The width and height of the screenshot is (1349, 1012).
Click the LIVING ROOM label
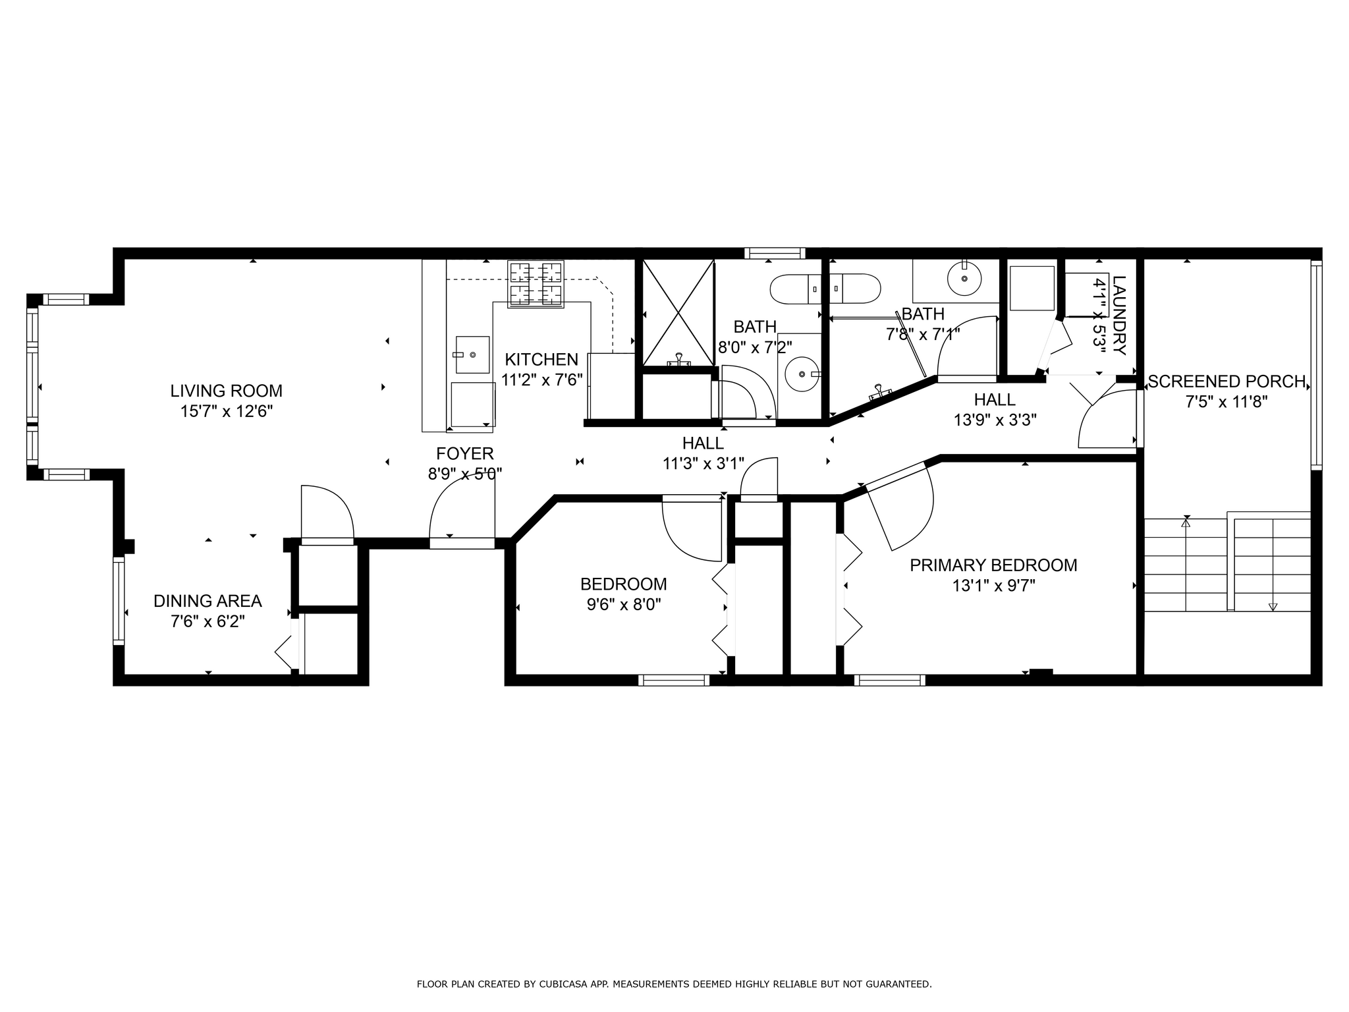tap(227, 391)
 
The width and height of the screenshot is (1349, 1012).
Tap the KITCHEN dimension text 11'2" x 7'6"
tap(542, 380)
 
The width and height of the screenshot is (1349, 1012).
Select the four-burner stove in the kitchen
tap(536, 284)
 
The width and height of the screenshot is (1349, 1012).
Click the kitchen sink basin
tap(472, 354)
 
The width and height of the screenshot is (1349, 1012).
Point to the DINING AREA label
tap(207, 601)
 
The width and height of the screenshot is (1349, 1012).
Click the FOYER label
tap(465, 453)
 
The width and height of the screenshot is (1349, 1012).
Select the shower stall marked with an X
tap(678, 312)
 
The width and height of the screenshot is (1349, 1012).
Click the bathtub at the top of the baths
tap(825, 289)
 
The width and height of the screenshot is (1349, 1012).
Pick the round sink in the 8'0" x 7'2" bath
tap(802, 374)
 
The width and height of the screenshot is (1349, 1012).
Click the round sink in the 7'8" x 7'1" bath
tap(964, 279)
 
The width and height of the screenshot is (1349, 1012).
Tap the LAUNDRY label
tap(1119, 315)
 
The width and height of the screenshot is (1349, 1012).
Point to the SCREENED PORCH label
tap(1226, 381)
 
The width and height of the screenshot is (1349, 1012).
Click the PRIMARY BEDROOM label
tap(993, 565)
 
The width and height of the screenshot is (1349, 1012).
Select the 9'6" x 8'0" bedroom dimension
tap(624, 605)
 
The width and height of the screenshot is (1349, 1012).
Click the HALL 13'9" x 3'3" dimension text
tap(995, 420)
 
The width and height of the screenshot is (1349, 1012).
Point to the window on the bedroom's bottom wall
tap(674, 680)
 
